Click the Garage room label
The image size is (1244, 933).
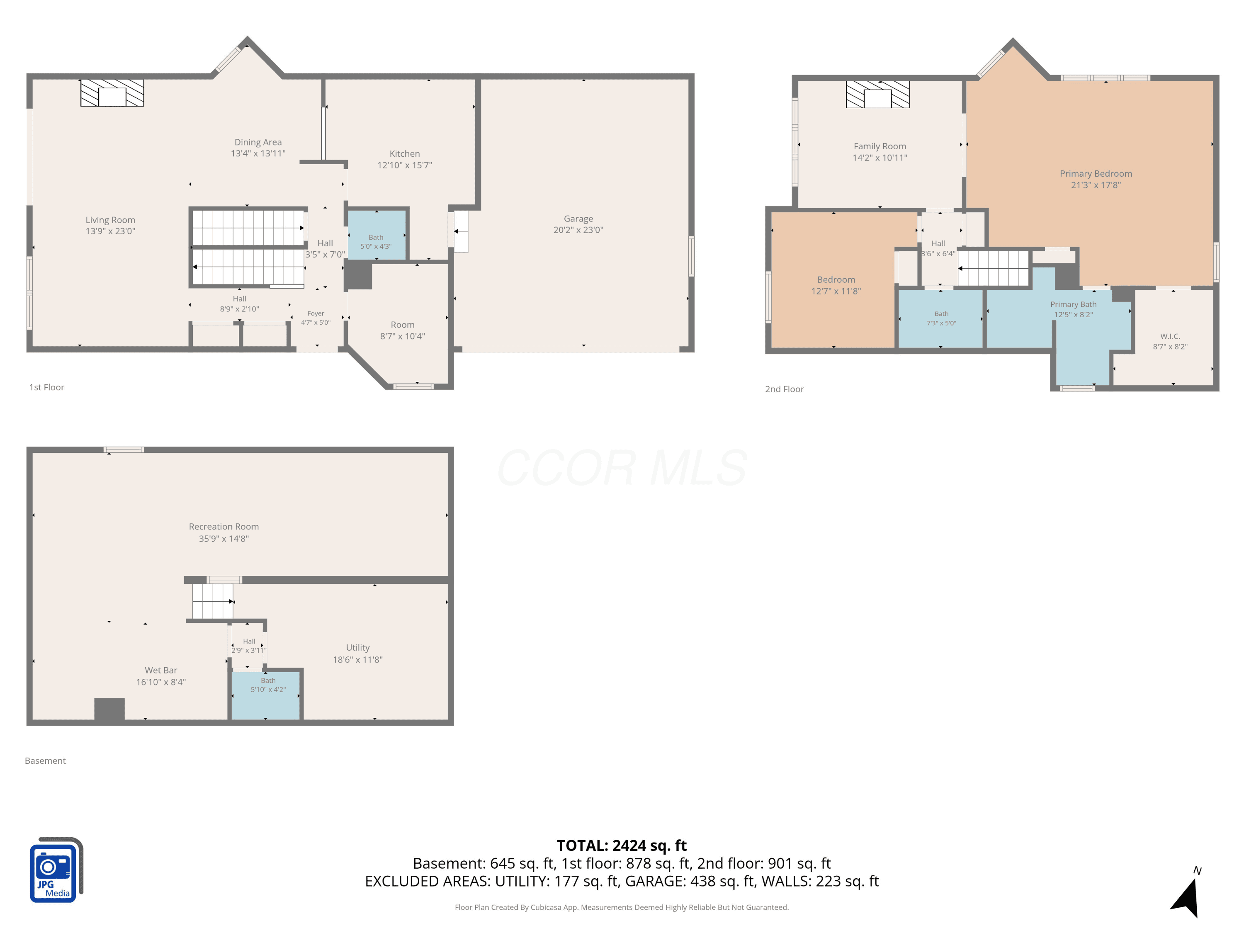(578, 219)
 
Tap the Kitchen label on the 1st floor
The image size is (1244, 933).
(404, 153)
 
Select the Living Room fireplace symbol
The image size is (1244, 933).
(112, 93)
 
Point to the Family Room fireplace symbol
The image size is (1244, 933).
(877, 95)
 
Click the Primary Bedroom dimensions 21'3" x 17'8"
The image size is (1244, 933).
(1096, 185)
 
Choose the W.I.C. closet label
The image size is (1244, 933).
(1170, 336)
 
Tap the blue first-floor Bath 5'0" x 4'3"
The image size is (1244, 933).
(376, 235)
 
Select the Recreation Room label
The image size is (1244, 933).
(224, 526)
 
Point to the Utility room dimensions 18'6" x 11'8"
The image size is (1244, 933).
(358, 660)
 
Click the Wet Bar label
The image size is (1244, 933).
(161, 671)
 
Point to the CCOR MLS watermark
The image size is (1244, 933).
(622, 467)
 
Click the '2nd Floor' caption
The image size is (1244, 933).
(784, 389)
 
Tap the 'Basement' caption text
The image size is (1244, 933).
(45, 761)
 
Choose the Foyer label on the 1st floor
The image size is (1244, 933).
(316, 314)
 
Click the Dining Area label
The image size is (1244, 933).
(258, 142)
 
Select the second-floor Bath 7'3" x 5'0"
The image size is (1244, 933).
(941, 318)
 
